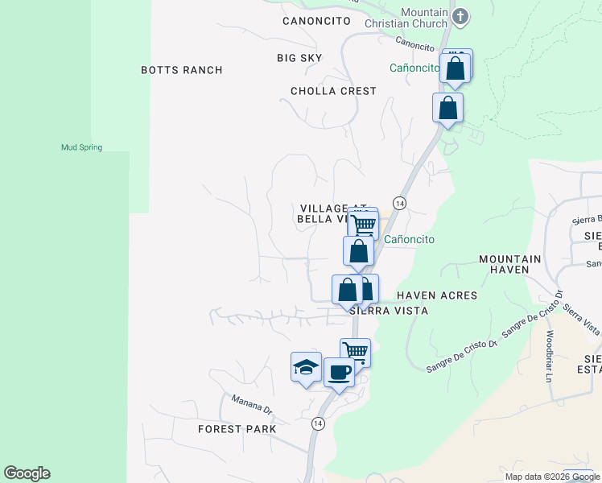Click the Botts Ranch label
tap(181, 70)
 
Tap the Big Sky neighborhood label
tap(299, 58)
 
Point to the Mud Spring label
tap(81, 147)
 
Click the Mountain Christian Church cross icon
tap(460, 16)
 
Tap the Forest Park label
tap(237, 429)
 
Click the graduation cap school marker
tap(306, 368)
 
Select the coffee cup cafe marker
tap(339, 373)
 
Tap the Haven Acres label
tap(437, 295)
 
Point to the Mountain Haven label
tap(510, 265)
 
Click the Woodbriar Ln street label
tap(550, 356)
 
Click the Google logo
tap(27, 473)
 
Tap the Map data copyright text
tap(551, 477)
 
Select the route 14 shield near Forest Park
tap(319, 423)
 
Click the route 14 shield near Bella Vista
tap(398, 202)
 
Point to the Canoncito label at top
tap(316, 20)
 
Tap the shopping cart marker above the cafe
tap(355, 351)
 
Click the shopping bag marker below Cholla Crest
tap(447, 108)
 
